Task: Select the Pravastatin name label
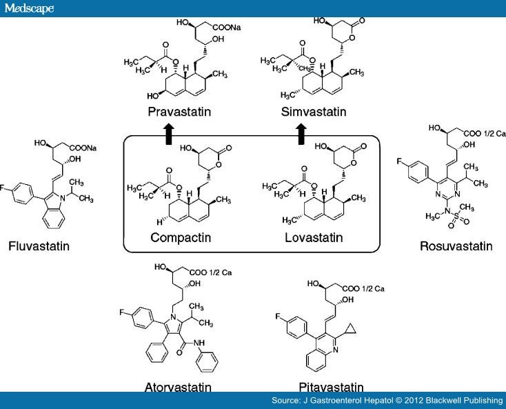click(x=179, y=112)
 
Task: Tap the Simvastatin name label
click(x=309, y=112)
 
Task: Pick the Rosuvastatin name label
click(x=456, y=246)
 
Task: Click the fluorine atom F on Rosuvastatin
click(x=400, y=162)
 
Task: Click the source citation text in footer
click(x=387, y=401)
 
